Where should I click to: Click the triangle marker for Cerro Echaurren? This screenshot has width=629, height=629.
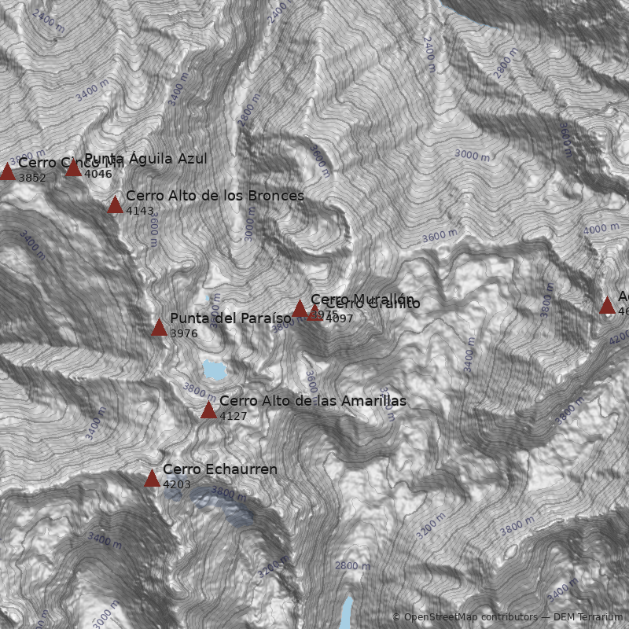point(152,478)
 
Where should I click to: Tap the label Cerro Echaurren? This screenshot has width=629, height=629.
point(220,469)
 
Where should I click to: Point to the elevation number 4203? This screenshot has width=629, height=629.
point(177,484)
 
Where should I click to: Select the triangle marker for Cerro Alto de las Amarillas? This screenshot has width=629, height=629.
point(208,410)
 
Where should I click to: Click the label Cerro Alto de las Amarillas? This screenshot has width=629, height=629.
point(313,401)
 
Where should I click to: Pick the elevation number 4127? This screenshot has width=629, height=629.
point(234,416)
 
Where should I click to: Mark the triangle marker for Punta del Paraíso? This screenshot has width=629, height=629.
point(159,327)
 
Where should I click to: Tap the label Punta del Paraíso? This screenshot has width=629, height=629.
point(230,318)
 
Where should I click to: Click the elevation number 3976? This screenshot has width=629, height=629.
point(184,333)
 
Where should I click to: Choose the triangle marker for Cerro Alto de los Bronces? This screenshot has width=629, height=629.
point(115,205)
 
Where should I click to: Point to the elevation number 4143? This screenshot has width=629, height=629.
point(140,211)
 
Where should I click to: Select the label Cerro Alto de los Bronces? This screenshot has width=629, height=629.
point(215,196)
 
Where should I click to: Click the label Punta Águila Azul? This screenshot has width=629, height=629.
point(145,159)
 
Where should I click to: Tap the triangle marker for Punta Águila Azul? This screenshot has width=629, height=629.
point(73,167)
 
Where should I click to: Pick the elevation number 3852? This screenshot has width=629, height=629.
point(32,178)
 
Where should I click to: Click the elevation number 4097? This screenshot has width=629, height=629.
point(340,318)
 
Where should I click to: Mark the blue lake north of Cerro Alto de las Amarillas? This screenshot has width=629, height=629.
point(213,369)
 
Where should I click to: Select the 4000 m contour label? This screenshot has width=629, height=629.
point(601,229)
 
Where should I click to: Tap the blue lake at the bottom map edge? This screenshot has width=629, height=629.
point(347,613)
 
